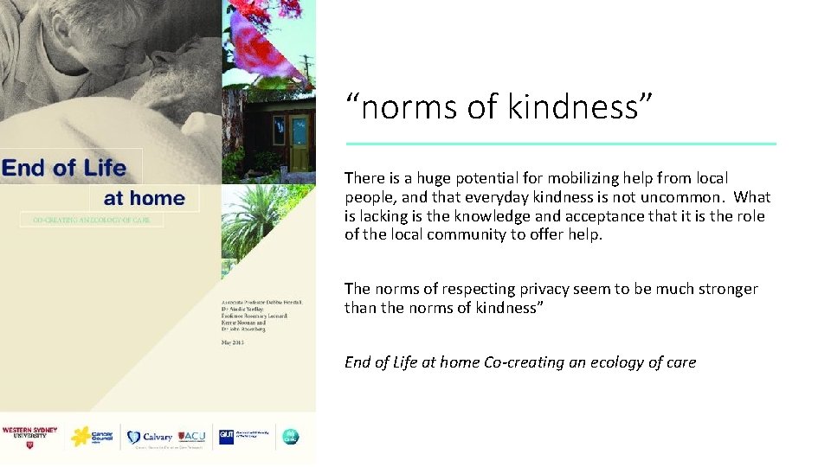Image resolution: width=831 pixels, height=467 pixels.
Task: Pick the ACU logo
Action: pos(192,437)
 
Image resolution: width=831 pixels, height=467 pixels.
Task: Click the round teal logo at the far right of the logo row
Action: pos(292,437)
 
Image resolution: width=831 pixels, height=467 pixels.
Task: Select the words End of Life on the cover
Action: pos(64,168)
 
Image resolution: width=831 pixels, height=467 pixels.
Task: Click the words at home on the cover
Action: pos(144,198)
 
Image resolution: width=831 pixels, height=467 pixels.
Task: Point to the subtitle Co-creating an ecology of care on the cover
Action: pos(91,221)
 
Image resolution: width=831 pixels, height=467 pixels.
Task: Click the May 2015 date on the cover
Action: pos(235,342)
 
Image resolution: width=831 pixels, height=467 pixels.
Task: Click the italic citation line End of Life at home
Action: pos(519,362)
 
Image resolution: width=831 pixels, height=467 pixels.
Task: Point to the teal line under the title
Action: pos(560,144)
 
